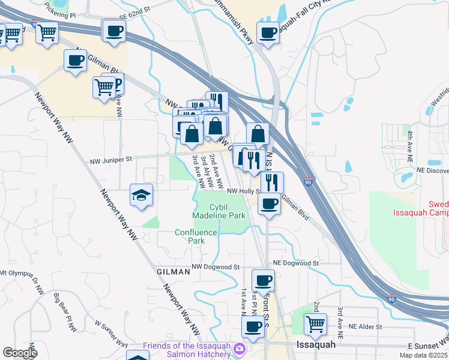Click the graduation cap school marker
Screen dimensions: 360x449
click(x=142, y=195)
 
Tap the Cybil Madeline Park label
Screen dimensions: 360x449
click(x=219, y=211)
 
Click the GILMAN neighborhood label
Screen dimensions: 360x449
click(x=173, y=272)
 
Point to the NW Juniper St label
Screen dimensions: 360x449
click(x=110, y=161)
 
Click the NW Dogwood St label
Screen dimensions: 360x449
click(x=215, y=266)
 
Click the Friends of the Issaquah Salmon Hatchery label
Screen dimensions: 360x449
click(x=187, y=350)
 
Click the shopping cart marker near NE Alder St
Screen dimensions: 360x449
click(x=315, y=324)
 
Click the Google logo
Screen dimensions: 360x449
click(x=20, y=352)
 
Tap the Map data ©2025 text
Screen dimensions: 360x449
click(x=423, y=355)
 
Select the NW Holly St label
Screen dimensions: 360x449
click(x=243, y=191)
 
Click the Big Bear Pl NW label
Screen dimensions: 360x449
click(x=65, y=312)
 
